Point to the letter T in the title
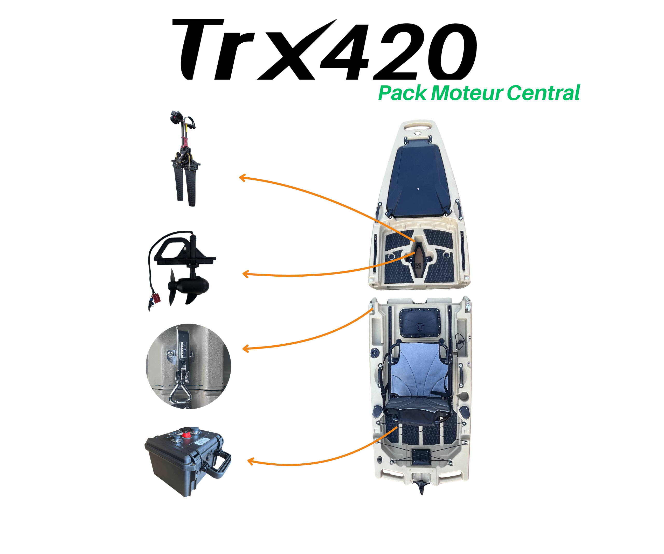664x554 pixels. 199,49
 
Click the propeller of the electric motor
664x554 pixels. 180,287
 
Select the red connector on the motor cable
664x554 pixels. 156,298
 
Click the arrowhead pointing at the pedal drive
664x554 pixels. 243,178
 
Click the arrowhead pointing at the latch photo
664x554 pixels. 246,349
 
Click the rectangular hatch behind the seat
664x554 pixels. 420,323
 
